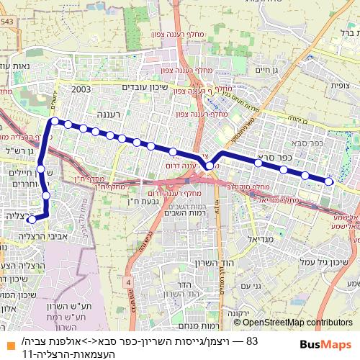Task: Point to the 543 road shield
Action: point(7,23)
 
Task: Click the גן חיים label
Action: point(269,71)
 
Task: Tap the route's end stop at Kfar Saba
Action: point(329,181)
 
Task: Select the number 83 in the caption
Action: point(251,341)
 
